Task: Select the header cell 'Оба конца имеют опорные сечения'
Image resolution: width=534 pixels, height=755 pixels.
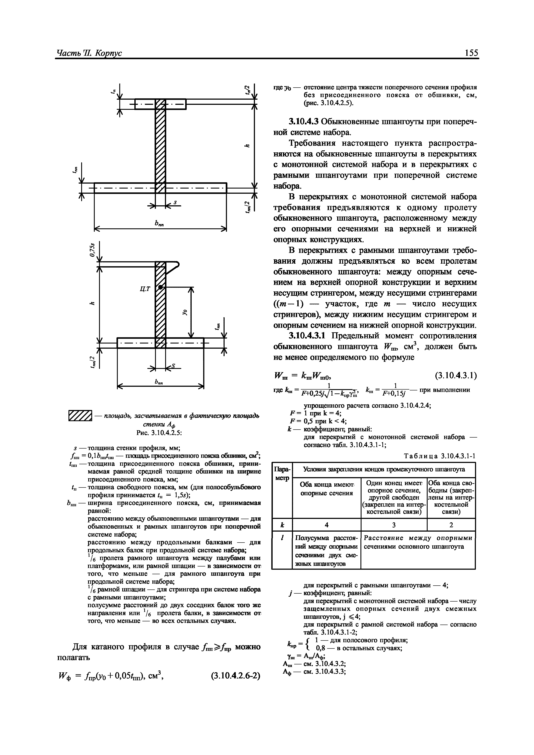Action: pyautogui.click(x=326, y=489)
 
